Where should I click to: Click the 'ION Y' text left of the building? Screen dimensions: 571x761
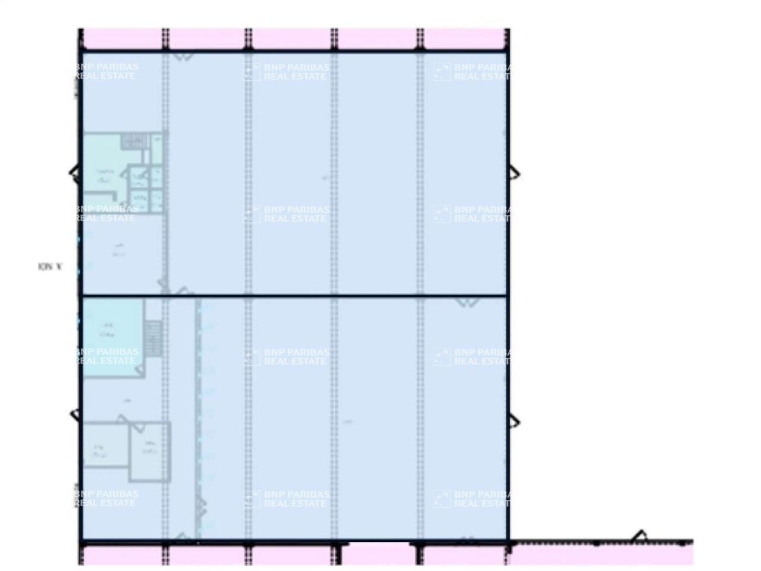click(50, 267)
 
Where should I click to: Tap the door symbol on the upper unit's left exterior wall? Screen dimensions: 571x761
click(74, 174)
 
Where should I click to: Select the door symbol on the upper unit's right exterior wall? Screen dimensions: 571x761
click(514, 174)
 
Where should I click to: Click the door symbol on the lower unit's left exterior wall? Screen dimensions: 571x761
click(74, 415)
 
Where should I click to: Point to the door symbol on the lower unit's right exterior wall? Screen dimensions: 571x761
click(514, 422)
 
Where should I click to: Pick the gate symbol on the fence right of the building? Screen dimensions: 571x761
click(640, 535)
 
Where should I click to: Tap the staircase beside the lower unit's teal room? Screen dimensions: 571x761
click(153, 338)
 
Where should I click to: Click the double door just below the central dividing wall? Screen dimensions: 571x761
click(467, 302)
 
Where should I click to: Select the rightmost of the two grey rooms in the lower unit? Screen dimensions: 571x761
click(150, 451)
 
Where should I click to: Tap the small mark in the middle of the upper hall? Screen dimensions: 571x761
click(325, 177)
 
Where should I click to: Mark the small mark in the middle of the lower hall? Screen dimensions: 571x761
click(348, 422)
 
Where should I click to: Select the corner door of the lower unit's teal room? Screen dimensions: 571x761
click(140, 370)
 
